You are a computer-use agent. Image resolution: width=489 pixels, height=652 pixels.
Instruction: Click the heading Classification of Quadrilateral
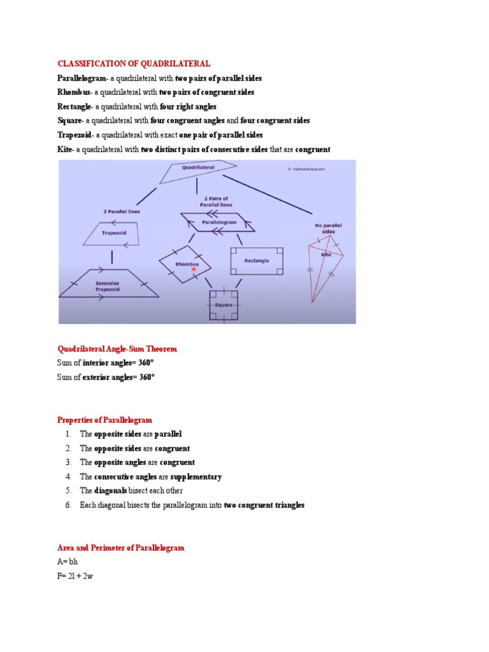click(x=134, y=64)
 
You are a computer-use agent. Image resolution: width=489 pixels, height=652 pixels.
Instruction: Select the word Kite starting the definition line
click(x=65, y=150)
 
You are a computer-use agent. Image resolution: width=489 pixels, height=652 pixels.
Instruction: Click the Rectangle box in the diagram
click(x=256, y=260)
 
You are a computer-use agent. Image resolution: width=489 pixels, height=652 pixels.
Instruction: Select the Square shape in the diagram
click(x=223, y=305)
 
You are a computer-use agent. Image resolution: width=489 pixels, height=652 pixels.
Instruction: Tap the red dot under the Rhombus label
click(x=194, y=270)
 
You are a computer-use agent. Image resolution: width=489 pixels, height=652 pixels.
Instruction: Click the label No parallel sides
click(x=325, y=229)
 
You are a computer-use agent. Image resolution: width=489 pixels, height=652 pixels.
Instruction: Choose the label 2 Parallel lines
click(x=122, y=211)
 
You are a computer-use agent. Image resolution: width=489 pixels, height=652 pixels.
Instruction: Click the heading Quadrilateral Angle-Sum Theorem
click(x=117, y=349)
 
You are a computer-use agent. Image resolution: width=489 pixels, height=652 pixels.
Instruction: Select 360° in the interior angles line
click(x=147, y=363)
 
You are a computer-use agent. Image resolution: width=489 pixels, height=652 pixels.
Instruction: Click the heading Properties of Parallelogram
click(x=105, y=420)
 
